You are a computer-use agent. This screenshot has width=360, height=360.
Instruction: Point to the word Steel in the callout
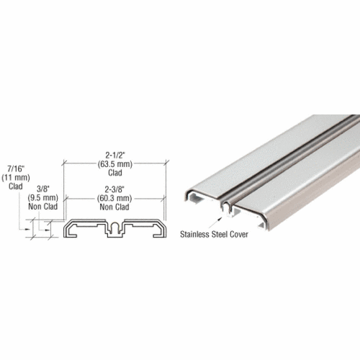pyautogui.click(x=226, y=233)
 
